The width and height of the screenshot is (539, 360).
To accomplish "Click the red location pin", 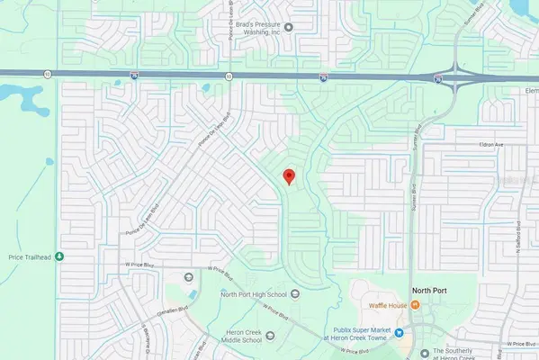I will pyautogui.click(x=288, y=176).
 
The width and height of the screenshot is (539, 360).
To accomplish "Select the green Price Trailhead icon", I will pyautogui.click(x=59, y=256).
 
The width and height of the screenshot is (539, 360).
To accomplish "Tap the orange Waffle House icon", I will pyautogui.click(x=416, y=305).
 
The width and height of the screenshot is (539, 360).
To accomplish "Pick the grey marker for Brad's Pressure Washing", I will pyautogui.click(x=289, y=27).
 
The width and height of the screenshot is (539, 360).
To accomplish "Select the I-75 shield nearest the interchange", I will pyautogui.click(x=436, y=81).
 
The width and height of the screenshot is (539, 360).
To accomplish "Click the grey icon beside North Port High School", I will pyautogui.click(x=188, y=276).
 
